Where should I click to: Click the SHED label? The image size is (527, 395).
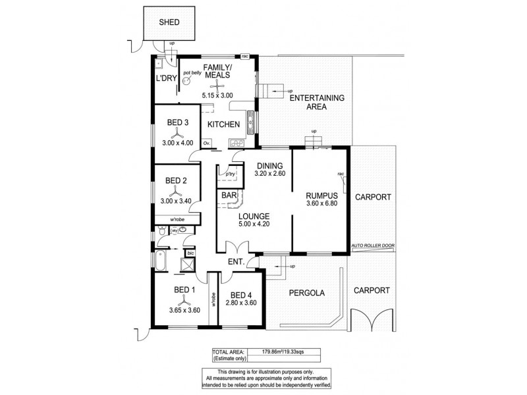pyautogui.click(x=169, y=22)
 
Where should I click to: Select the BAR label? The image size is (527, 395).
pyautogui.click(x=229, y=196)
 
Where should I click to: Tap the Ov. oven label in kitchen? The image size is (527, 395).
pyautogui.click(x=206, y=143)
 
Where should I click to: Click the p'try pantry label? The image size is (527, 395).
pyautogui.click(x=231, y=174)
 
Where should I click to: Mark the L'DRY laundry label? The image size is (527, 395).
pyautogui.click(x=164, y=78)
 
